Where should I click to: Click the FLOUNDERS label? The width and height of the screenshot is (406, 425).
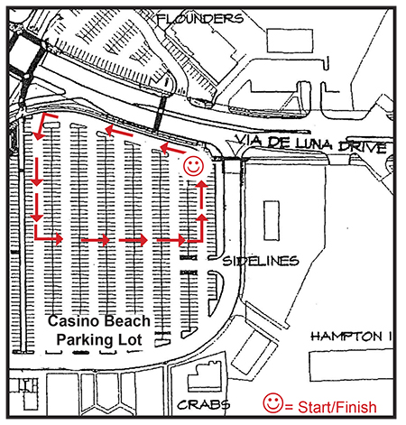click(x=199, y=19)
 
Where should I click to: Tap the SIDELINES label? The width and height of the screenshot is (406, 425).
click(x=261, y=261)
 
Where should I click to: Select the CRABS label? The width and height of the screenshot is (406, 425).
click(x=204, y=404)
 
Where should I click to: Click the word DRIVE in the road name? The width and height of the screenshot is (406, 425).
click(x=363, y=146)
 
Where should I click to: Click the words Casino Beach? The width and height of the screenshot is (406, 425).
click(x=99, y=321)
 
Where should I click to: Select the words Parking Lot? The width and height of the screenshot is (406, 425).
click(x=99, y=339)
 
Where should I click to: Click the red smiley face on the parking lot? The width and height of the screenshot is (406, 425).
click(x=193, y=166)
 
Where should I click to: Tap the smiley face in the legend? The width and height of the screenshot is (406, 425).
click(x=273, y=403)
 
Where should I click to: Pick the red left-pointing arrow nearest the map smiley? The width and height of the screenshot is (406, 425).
click(x=172, y=149)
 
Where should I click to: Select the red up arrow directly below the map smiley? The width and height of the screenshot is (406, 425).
click(x=201, y=194)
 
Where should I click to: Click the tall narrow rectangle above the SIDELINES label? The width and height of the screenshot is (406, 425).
click(x=272, y=221)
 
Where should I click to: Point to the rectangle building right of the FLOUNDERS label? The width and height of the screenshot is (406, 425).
click(x=290, y=41)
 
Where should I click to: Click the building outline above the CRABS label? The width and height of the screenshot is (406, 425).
click(x=206, y=376)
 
